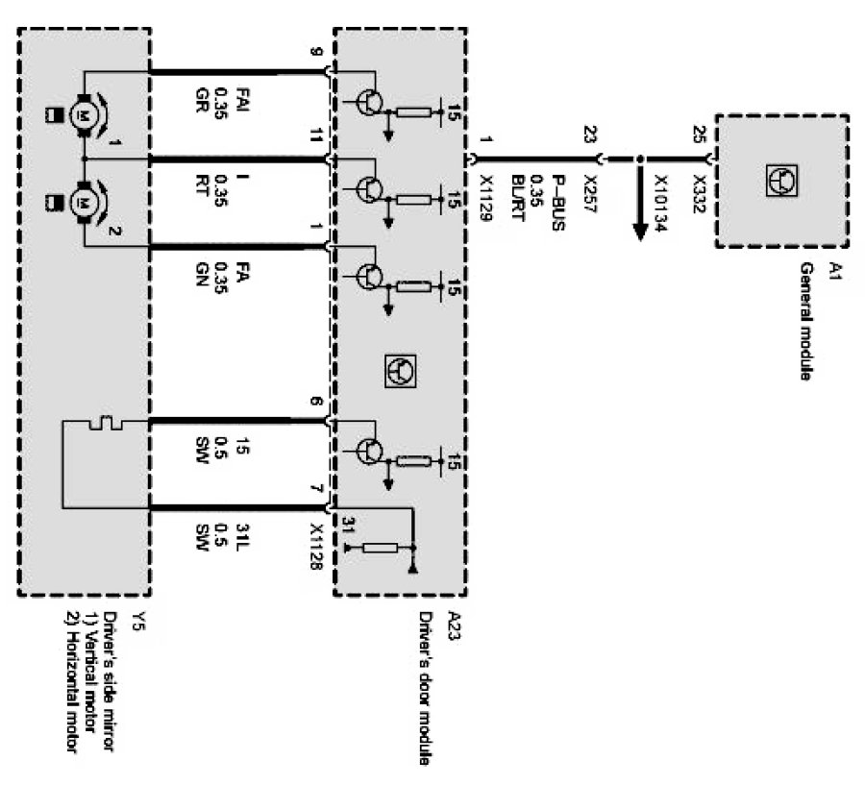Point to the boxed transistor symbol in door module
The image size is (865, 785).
(400, 370)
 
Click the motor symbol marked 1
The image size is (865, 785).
(85, 116)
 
